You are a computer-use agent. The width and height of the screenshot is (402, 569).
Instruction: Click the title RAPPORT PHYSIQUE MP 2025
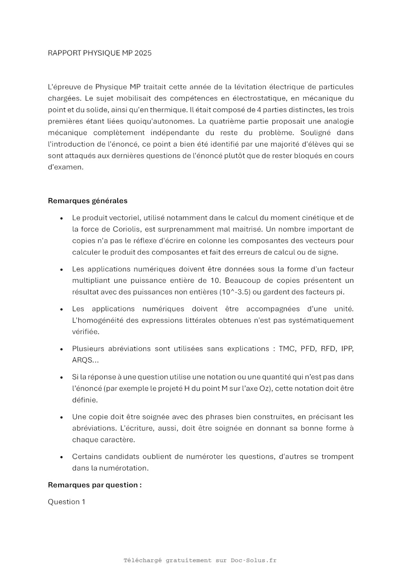[x=100, y=53]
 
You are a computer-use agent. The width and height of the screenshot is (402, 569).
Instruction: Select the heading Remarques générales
[x=88, y=201]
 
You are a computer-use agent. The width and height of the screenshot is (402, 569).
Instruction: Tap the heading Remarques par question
[x=95, y=485]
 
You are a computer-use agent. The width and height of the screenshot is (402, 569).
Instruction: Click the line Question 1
[x=66, y=502]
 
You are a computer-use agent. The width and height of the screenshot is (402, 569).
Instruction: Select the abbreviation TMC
[x=287, y=349]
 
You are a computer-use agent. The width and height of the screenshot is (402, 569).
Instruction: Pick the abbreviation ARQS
[x=82, y=360]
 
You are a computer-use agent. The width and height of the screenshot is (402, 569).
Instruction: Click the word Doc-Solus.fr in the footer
[x=254, y=560]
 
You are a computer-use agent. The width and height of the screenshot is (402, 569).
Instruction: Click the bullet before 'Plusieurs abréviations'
[x=62, y=349]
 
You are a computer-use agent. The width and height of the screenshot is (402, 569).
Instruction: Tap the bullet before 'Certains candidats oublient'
[x=62, y=457]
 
